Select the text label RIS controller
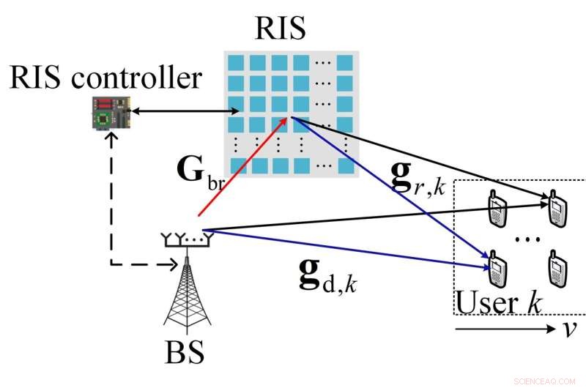(105, 77)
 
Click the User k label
(498, 302)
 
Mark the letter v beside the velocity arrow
(570, 329)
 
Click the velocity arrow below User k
(505, 329)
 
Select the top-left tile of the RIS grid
(235, 62)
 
